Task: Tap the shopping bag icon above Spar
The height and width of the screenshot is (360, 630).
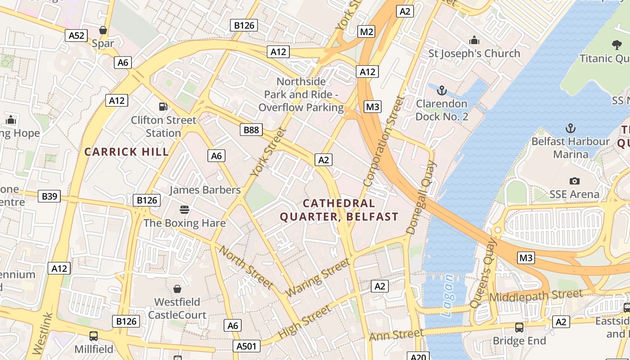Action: click(103, 30)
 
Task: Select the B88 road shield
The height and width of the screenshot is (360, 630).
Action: click(251, 130)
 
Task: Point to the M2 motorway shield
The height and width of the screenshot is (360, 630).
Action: click(366, 31)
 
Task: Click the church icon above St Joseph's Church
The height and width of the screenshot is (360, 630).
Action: click(474, 40)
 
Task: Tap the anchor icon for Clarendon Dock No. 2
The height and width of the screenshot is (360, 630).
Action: click(441, 90)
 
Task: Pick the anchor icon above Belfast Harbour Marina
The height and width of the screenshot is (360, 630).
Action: click(570, 128)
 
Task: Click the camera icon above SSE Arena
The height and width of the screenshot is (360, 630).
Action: click(574, 181)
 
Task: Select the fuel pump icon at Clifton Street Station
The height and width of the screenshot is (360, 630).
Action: click(163, 107)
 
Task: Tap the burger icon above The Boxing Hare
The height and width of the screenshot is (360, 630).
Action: click(184, 209)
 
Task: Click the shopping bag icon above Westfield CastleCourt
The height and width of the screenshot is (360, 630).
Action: click(177, 288)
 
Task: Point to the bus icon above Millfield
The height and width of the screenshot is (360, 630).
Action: click(94, 336)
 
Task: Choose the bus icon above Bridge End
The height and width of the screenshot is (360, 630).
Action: click(519, 327)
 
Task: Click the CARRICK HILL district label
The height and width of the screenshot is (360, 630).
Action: click(127, 152)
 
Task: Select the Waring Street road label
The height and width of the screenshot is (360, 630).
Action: click(318, 278)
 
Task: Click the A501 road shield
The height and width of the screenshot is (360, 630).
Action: click(247, 346)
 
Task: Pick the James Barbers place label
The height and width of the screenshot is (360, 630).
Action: click(205, 190)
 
